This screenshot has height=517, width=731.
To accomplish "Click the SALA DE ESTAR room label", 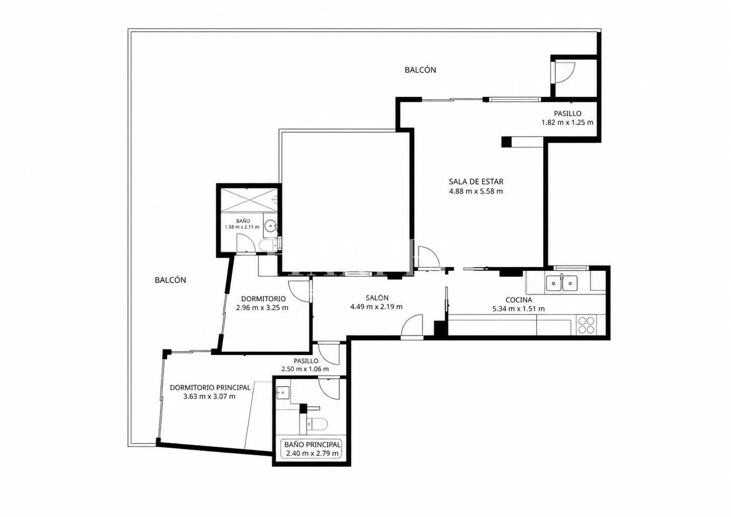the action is click(476, 182).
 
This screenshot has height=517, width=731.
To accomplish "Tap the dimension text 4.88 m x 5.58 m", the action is click(476, 192).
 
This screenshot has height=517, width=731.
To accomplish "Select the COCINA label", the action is click(519, 300).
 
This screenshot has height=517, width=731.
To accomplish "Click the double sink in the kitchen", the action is click(561, 283).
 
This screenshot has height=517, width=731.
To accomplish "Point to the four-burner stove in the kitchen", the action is click(586, 325).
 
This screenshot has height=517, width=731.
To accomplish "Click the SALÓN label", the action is click(377, 297).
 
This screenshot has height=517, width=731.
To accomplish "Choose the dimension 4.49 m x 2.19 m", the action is click(376, 307).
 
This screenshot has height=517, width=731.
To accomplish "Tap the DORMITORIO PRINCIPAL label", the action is click(210, 388).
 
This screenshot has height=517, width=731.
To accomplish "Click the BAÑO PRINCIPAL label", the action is click(312, 444).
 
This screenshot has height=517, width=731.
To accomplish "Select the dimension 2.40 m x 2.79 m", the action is click(312, 453).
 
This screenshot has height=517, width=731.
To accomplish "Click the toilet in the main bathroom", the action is click(317, 424).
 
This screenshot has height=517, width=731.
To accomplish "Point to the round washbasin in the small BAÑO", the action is click(271, 225).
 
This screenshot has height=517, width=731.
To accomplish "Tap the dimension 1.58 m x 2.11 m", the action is click(242, 227).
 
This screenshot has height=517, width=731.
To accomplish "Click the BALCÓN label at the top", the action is click(420, 70).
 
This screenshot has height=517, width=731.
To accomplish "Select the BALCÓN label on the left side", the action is click(170, 280).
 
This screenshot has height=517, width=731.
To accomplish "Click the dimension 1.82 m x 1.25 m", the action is click(568, 123).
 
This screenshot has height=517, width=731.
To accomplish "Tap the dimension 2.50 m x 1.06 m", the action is click(305, 369).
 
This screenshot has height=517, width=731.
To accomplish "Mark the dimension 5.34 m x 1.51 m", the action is click(519, 309).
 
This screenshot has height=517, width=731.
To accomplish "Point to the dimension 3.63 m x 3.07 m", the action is click(209, 396).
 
